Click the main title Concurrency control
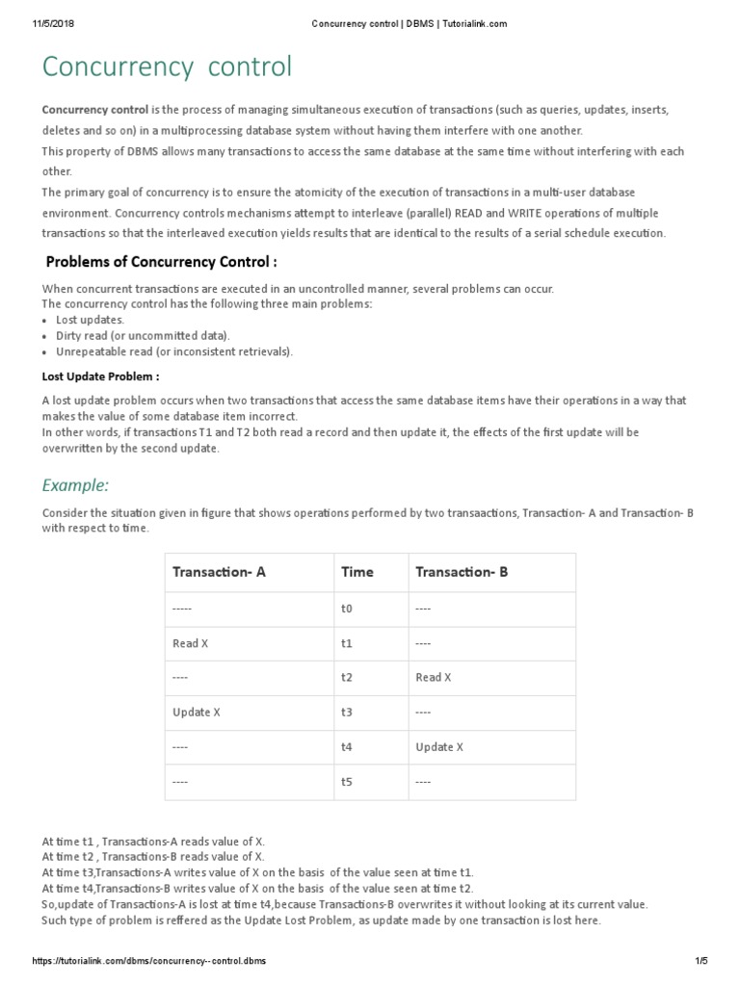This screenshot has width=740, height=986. point(166,67)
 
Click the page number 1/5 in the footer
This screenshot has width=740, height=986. point(700,962)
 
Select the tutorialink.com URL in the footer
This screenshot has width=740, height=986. point(149,962)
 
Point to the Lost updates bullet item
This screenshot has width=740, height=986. point(89,319)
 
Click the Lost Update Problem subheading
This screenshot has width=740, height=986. point(101,376)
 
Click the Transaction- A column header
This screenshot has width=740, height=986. point(219,572)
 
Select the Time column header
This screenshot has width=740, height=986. point(357,572)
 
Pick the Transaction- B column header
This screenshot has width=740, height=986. point(462,572)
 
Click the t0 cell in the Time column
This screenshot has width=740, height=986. point(348,609)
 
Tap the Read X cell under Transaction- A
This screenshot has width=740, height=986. point(190,643)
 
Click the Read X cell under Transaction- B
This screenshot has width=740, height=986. point(434,678)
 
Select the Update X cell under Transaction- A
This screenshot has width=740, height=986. point(197,713)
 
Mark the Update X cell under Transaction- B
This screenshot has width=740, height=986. point(439,747)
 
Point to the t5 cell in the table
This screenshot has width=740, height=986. point(348,782)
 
